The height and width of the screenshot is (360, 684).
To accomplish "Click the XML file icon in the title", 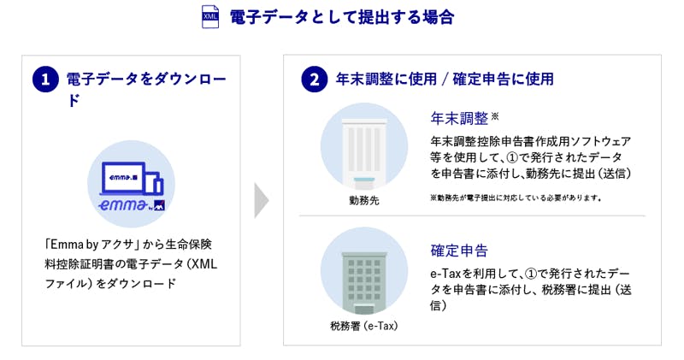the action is point(210,16).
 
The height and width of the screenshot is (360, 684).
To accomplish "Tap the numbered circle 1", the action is point(45,80).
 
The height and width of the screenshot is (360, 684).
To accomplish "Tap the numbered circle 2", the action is point(314,80).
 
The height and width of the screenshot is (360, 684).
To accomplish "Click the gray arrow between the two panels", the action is point(262,200).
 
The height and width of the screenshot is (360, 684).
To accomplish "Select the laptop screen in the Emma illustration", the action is point(123,177).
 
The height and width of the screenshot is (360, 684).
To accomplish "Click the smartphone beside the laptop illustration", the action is point(155,184).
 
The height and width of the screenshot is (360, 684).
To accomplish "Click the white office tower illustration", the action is point(364,151).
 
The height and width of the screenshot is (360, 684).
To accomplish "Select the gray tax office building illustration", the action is point(364,282).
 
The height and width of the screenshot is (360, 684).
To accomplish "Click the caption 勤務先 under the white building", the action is point(364,200).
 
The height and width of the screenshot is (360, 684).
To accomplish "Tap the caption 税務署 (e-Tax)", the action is point(364,326).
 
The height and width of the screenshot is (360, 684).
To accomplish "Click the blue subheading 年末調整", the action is point(459,118).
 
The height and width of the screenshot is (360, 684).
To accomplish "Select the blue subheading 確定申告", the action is point(459,251).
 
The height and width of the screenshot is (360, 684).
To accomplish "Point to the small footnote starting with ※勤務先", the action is point(516,198).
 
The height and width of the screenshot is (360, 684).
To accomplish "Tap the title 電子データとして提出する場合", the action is point(342,17).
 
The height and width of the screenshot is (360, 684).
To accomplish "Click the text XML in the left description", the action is point(204,264).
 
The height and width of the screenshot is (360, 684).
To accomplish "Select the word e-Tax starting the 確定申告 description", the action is point(445,274).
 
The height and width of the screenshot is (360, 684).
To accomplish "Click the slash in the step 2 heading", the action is point(445,80).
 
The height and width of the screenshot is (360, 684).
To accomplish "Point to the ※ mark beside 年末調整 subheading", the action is point(495,116).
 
